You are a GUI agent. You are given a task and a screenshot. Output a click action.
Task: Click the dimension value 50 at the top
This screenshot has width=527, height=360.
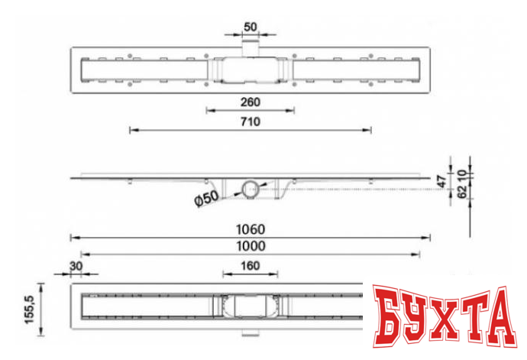(250, 27)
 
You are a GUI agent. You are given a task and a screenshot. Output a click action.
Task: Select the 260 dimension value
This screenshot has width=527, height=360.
(250, 101)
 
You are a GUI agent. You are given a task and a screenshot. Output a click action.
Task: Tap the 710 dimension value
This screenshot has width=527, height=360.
(250, 122)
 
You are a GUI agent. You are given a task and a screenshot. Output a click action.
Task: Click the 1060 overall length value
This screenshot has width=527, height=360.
(250, 229)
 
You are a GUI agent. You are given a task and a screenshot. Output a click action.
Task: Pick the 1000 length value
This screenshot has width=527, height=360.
(250, 245)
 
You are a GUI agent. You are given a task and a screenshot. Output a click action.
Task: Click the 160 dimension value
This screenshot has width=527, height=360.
(250, 265)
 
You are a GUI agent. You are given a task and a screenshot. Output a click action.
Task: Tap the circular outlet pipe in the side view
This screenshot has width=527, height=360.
(250, 189)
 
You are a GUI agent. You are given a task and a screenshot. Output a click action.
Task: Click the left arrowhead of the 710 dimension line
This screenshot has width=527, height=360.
(131, 131)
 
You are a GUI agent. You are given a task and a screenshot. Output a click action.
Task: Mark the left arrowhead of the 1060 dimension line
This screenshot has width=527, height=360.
(73, 237)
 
